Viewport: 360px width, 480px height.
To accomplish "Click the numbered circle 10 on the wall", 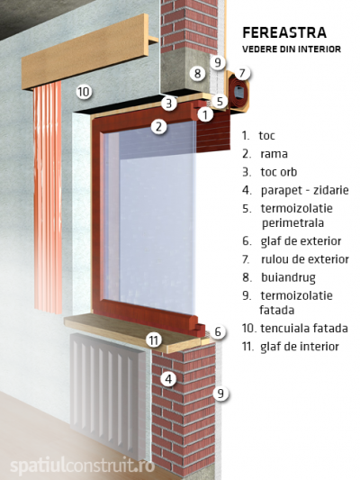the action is coord(84,91).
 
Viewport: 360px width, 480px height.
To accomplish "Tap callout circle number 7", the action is coord(242,73).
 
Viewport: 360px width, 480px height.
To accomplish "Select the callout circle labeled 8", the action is coord(197,73).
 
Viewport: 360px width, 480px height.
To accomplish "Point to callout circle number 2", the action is coord(158,126).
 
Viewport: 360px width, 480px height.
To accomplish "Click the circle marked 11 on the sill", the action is coord(154,340).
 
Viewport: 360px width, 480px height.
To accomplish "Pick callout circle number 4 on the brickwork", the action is coord(168,379).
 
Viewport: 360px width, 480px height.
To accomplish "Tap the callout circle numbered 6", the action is coord(218,331).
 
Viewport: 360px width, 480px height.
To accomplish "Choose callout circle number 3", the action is coord(169,104).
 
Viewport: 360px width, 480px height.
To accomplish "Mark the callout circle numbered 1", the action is coord(205,114).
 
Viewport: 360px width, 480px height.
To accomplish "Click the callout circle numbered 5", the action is coord(220,101).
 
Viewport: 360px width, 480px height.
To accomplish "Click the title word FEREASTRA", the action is coord(284,32).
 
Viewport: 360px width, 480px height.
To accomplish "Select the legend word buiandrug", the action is coord(288,277).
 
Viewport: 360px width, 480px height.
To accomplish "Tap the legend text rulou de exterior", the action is coord(304,259).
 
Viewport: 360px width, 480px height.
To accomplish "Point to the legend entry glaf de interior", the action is coord(300,347).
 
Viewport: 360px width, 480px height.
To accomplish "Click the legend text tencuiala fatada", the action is coord(304,329).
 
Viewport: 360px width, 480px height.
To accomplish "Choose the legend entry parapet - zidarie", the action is coord(304,190).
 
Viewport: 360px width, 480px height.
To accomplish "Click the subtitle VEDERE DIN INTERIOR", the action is coord(292,50).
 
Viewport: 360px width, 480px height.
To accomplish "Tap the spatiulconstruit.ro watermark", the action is coord(83,466).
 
